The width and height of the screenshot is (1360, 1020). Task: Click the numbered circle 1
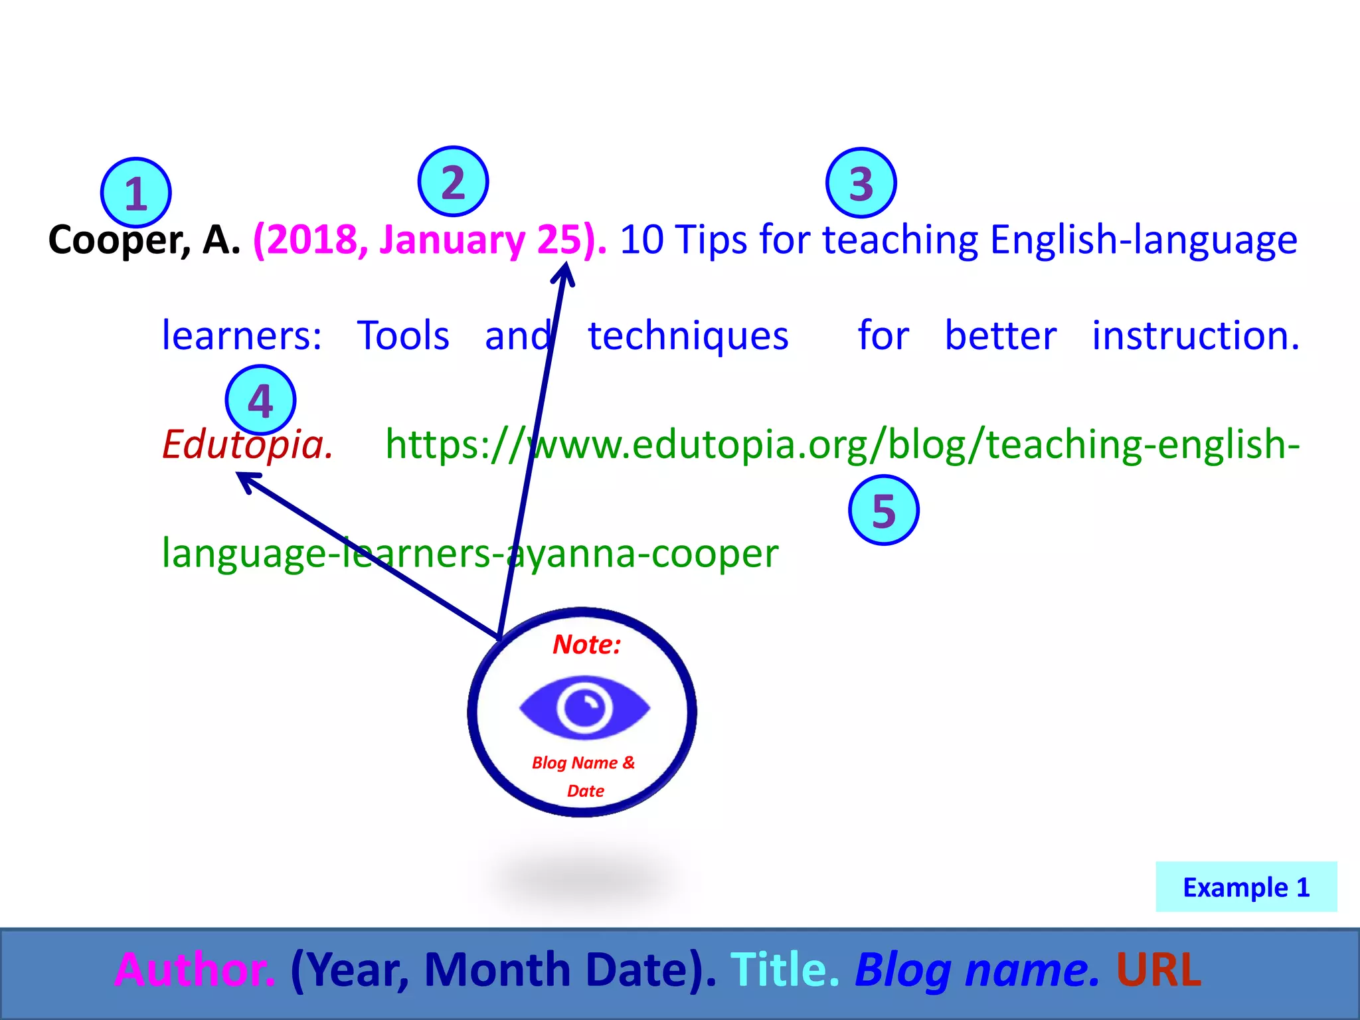tap(136, 193)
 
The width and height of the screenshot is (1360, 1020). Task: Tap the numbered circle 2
tap(453, 181)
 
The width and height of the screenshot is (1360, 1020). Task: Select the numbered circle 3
tap(861, 183)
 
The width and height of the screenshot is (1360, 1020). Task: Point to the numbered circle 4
tap(260, 400)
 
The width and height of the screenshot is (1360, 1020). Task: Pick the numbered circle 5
tap(883, 510)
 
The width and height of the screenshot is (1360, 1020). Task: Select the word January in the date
tap(452, 240)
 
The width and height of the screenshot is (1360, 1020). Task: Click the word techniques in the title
tap(688, 335)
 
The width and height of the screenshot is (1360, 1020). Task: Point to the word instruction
tap(1195, 335)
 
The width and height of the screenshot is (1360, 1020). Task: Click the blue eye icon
tap(584, 707)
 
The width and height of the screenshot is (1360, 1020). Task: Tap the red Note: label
tap(586, 644)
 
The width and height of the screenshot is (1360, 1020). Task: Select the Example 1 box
tap(1246, 887)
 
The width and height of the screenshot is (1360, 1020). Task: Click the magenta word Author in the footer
tap(195, 970)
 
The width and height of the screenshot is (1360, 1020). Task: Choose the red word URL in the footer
tap(1159, 970)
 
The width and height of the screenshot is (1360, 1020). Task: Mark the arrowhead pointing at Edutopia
tap(244, 478)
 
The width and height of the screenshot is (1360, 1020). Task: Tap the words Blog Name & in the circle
tap(583, 762)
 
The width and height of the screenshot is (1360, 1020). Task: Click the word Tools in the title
tap(403, 335)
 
